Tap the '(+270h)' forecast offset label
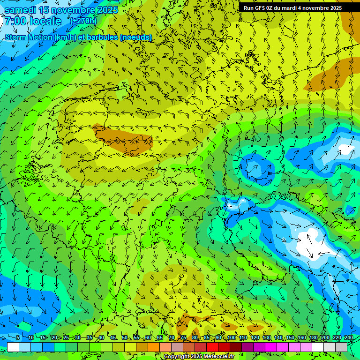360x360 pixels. (x=83, y=21)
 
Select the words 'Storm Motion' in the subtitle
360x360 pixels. (x=28, y=37)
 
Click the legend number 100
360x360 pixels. (x=231, y=337)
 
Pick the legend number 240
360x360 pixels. (x=348, y=337)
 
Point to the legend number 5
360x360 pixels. (x=18, y=337)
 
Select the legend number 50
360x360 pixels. (x=125, y=337)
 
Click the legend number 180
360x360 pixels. (x=313, y=337)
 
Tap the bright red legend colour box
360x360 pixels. (x=212, y=347)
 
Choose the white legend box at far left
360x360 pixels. (x=13, y=347)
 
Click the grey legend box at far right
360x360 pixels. (x=341, y=347)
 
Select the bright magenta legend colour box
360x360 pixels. (x=271, y=347)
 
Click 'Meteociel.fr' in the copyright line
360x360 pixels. (x=218, y=357)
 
